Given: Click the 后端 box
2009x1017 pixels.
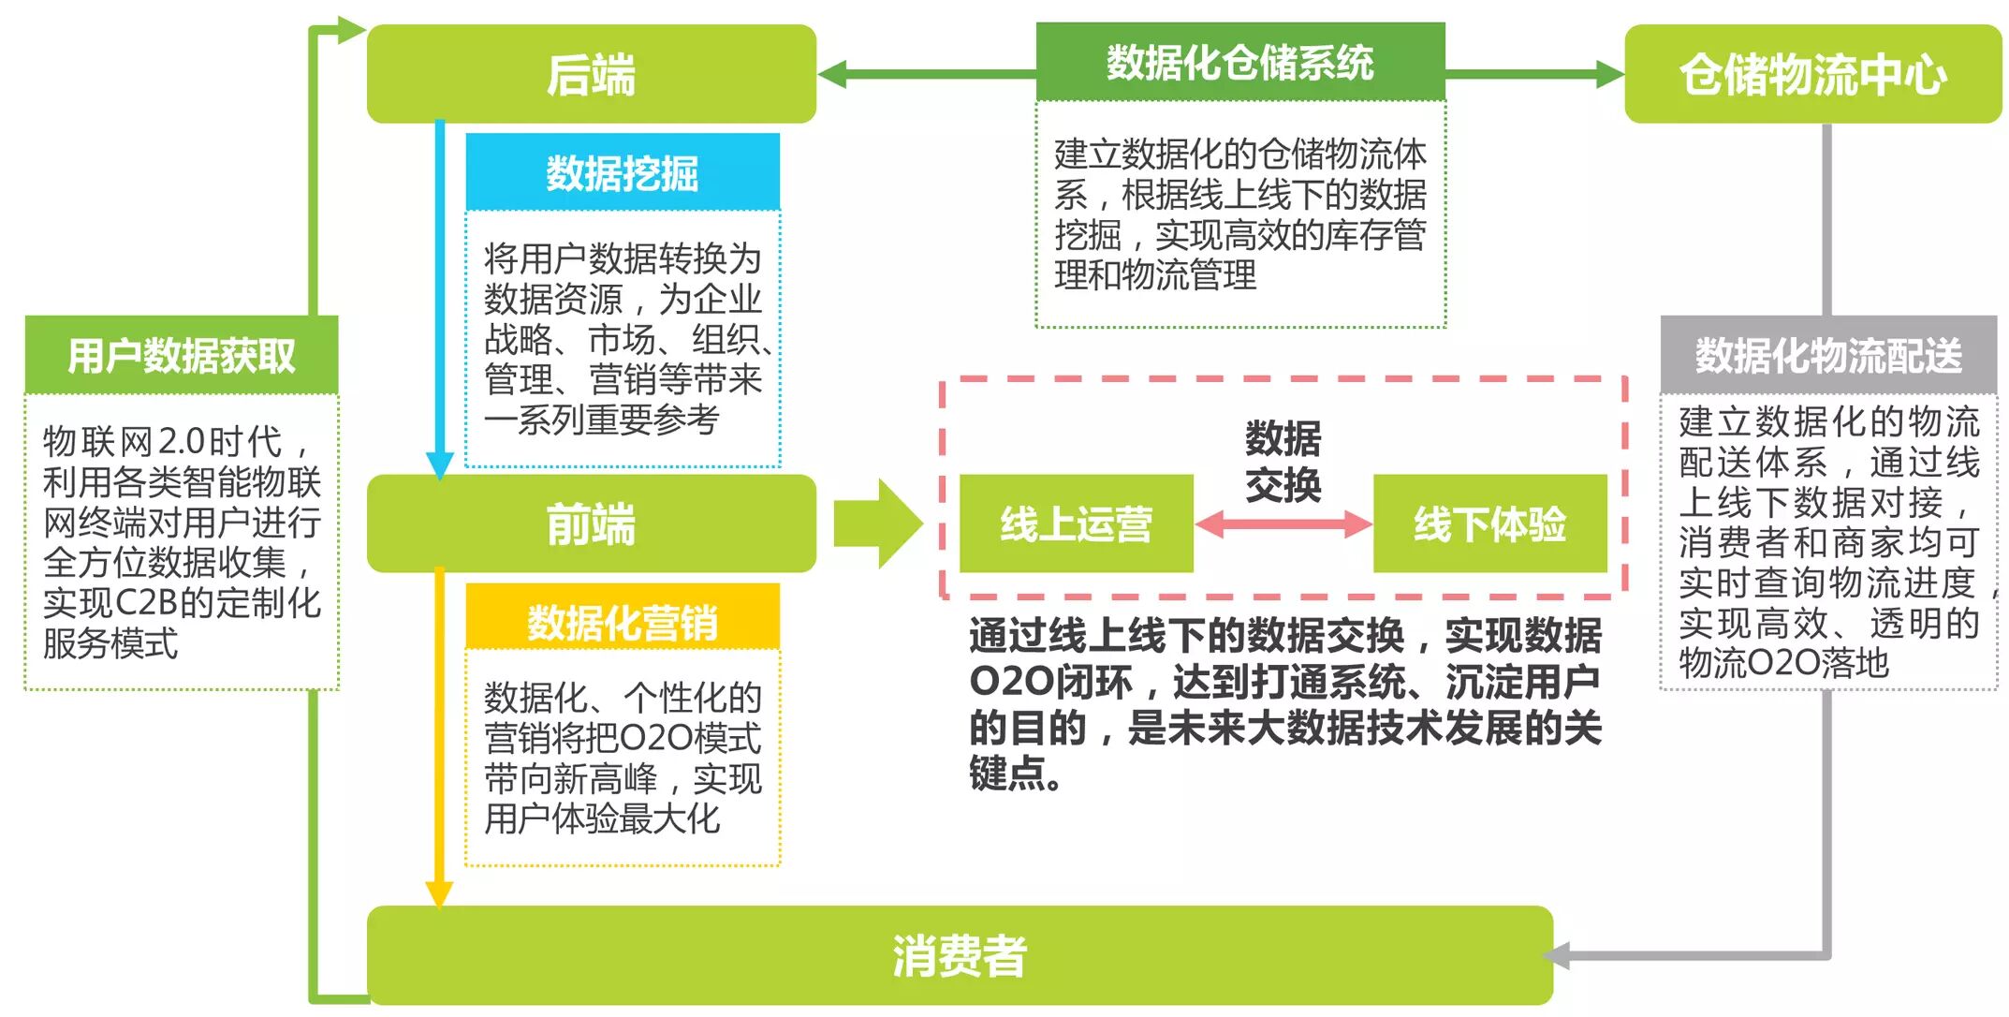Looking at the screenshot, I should pos(591,74).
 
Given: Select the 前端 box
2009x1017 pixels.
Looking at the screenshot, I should pos(591,523).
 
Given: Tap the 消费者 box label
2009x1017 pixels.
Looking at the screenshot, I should pos(959,956).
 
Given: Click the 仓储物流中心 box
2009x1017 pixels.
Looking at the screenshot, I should pos(1812,74).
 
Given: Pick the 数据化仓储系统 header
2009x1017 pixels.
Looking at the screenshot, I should pos(1239,62).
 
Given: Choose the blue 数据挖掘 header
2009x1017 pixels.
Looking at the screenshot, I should pos(623,172).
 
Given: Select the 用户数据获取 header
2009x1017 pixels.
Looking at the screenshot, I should pos(181,356).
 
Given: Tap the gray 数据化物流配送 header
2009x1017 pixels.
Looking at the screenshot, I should pos(1827,356).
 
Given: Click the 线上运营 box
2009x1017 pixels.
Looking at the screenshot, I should pos(1076,523).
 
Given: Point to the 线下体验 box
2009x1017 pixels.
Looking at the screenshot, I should pos(1489,523).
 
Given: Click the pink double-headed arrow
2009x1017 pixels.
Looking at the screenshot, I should pos(1283,523).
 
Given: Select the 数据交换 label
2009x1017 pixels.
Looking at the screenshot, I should pos(1283,462).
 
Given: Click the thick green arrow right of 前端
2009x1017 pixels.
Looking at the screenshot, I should pos(876,523).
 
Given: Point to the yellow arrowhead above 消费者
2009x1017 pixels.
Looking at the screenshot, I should pos(439,894).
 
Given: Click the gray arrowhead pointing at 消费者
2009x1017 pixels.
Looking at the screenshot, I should pos(1557,956).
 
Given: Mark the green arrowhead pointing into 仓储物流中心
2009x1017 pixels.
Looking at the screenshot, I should pos(1609,74).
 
